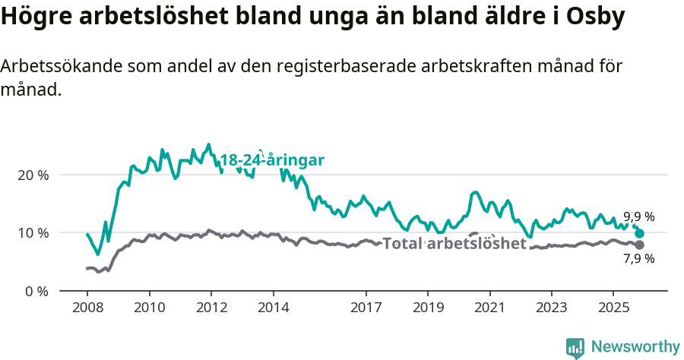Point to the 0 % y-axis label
(36, 291)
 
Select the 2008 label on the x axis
(87, 310)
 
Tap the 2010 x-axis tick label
(149, 310)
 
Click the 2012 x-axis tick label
(211, 310)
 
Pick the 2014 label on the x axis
(273, 310)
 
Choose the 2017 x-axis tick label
(366, 310)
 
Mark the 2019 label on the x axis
(427, 310)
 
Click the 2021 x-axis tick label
(489, 310)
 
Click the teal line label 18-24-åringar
(272, 160)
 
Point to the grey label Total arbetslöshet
(454, 244)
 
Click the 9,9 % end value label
(638, 216)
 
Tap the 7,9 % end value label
(638, 259)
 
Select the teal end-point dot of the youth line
(640, 234)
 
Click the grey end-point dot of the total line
(640, 245)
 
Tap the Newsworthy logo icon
(575, 347)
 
